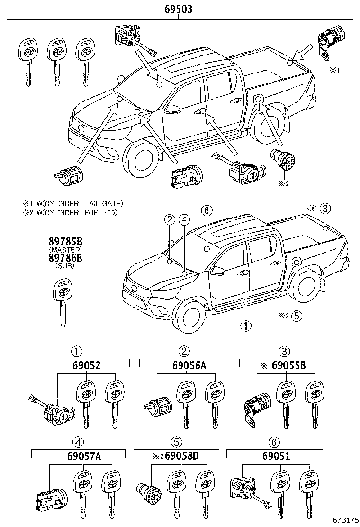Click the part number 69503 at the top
(x=178, y=9)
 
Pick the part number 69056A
(x=184, y=366)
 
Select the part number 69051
(x=274, y=457)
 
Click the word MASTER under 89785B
(x=65, y=250)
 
